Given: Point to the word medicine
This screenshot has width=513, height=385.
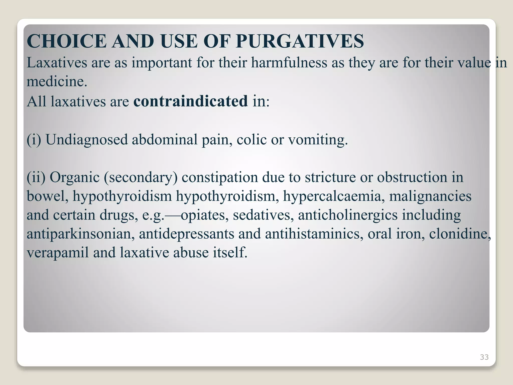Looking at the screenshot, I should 57,81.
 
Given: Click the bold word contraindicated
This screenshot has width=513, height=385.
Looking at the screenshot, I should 191,101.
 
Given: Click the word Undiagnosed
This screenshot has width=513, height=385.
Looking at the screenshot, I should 87,139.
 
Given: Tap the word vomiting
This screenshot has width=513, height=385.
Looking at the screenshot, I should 318,139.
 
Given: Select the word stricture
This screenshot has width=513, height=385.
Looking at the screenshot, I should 330,177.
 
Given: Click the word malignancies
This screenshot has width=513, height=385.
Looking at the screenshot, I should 430,196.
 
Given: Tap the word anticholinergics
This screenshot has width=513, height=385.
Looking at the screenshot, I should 348,215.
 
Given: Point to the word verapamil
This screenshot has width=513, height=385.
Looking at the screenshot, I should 58,253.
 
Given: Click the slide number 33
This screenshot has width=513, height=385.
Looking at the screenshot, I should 484,357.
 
